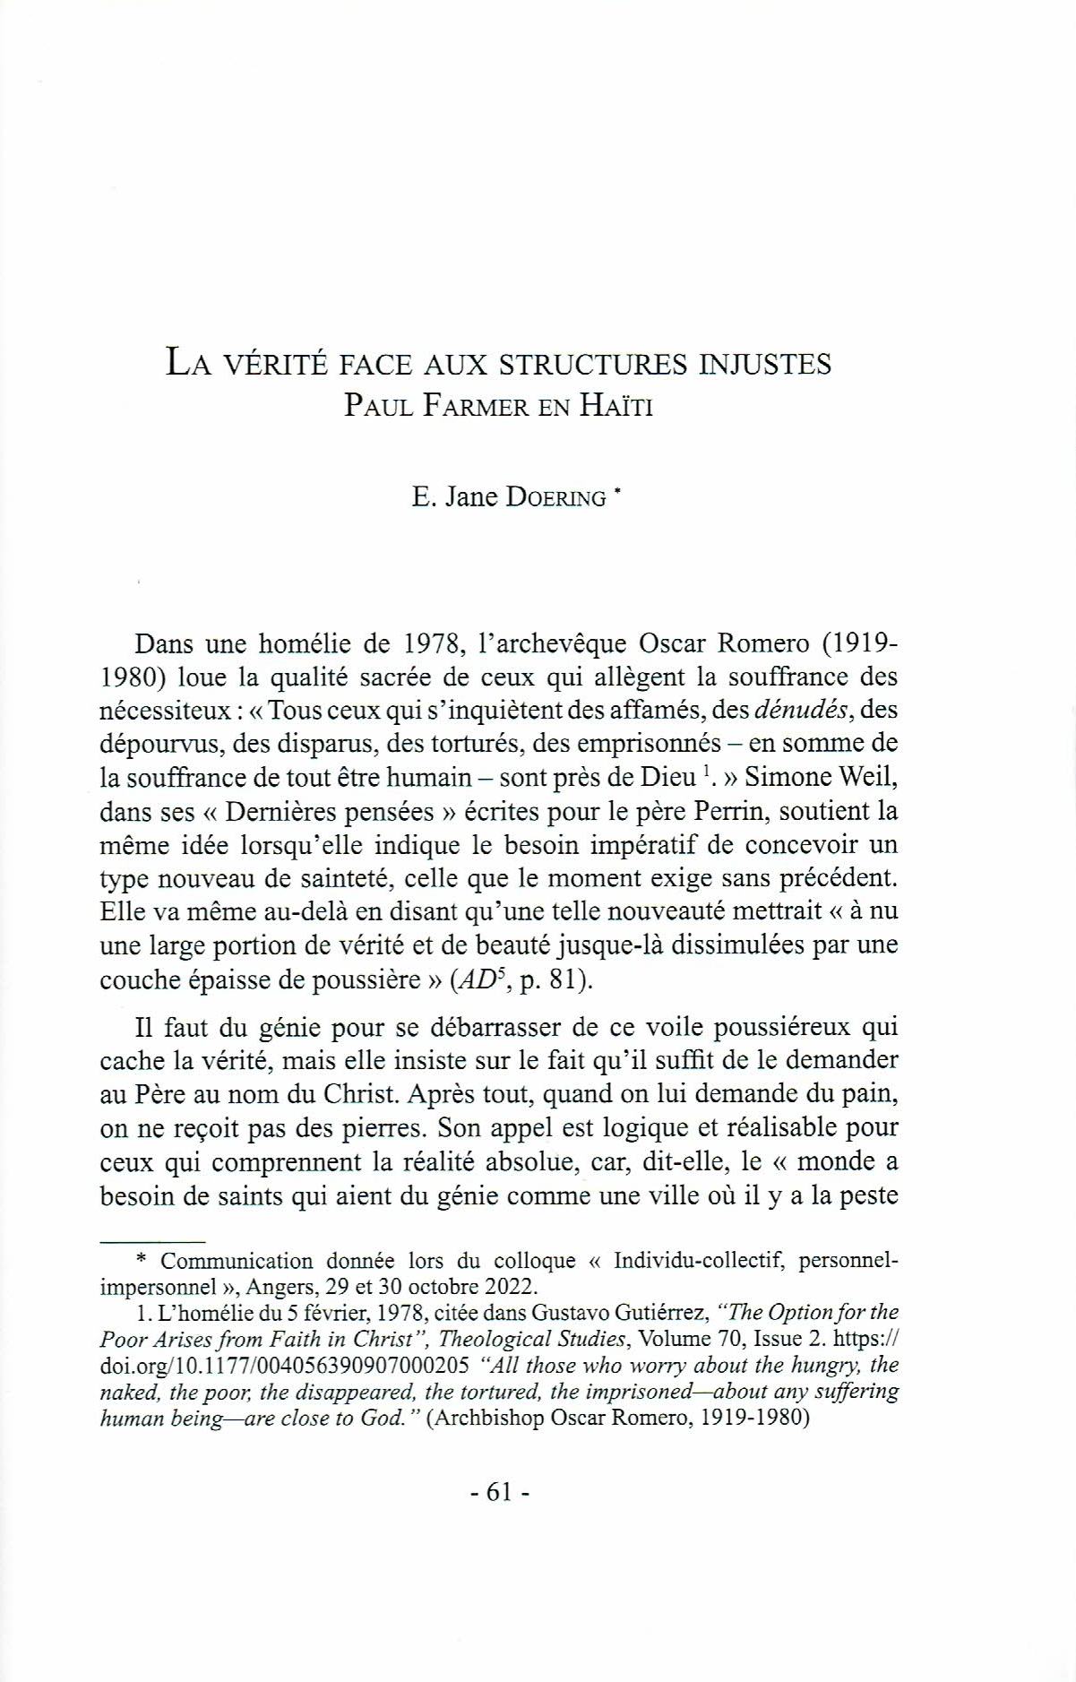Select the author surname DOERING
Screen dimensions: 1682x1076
click(555, 497)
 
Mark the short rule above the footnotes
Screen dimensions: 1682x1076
click(153, 1242)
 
